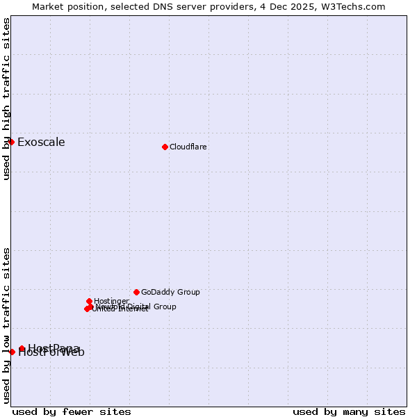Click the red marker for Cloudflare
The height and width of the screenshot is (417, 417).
coord(165,147)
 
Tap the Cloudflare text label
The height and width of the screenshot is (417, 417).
coord(188,147)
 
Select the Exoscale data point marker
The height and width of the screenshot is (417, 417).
coord(11,142)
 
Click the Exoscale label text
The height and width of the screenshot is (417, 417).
coord(41,142)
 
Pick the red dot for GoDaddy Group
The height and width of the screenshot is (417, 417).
coord(136,292)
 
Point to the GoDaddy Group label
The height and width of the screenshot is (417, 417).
coord(170,292)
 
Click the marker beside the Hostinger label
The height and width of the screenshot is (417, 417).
coord(89,301)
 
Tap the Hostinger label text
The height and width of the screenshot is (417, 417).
coord(111,301)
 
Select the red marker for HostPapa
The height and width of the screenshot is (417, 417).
coord(22,348)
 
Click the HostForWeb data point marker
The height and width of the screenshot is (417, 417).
coord(12,352)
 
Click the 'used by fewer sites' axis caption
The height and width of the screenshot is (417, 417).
coord(72,411)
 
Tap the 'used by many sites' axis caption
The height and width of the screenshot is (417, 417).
coord(349,411)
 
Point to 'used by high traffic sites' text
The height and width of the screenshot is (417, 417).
coord(7,99)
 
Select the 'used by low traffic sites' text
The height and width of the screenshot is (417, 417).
coord(7,325)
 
